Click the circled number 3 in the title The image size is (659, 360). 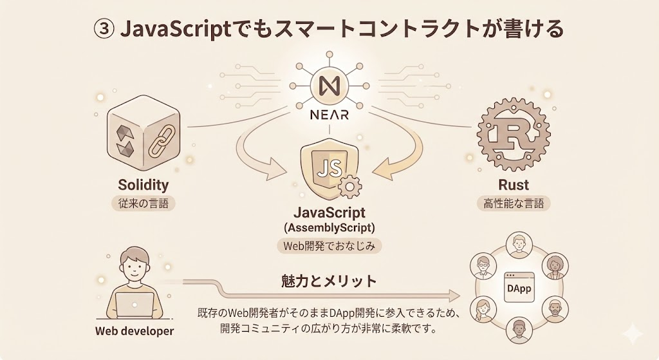click(x=104, y=30)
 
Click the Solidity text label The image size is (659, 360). click(x=143, y=185)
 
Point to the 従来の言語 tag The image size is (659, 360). click(x=143, y=204)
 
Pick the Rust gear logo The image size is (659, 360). click(x=514, y=134)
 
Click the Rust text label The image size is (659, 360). click(x=514, y=185)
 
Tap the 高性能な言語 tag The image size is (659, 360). click(x=514, y=204)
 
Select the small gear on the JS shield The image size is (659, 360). click(x=349, y=187)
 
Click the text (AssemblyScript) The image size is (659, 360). click(x=329, y=227)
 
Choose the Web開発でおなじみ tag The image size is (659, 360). click(x=329, y=245)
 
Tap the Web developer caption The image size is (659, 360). click(x=135, y=332)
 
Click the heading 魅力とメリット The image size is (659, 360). click(x=329, y=281)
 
